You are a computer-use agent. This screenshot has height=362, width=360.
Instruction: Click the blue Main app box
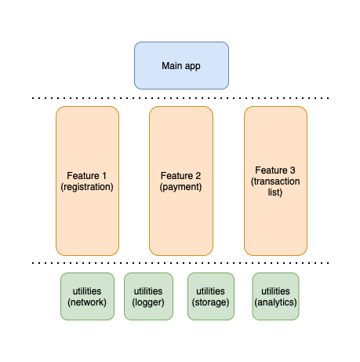click(x=181, y=65)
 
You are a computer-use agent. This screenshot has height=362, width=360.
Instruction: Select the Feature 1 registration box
click(x=87, y=181)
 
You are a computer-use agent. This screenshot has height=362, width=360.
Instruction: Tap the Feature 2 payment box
click(x=181, y=181)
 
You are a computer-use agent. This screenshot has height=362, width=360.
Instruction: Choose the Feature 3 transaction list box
click(x=275, y=181)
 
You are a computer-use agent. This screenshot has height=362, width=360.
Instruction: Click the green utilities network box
click(x=87, y=296)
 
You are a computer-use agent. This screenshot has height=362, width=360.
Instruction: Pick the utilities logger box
click(x=148, y=296)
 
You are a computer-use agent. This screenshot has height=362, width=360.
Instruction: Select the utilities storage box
click(x=211, y=296)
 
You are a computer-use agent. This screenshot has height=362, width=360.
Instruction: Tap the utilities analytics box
click(x=275, y=296)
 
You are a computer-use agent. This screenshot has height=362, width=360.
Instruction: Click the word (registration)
click(x=87, y=187)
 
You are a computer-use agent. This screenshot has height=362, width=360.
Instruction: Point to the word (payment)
click(x=181, y=187)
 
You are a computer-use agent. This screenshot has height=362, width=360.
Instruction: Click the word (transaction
click(x=275, y=181)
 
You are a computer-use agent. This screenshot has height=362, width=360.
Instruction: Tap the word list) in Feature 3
click(x=275, y=192)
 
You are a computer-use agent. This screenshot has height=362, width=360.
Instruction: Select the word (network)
click(x=87, y=302)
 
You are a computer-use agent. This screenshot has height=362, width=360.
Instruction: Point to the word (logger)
click(x=148, y=302)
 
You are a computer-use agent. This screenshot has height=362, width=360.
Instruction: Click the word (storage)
click(x=210, y=302)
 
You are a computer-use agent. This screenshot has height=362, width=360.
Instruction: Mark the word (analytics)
click(x=275, y=302)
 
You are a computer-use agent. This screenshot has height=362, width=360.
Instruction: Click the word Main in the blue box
click(x=170, y=66)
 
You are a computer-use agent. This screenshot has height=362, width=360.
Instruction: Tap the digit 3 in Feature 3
click(x=293, y=170)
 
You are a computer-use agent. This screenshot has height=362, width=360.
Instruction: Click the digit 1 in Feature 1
click(x=104, y=176)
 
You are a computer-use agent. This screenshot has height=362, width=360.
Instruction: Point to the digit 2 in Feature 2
click(x=198, y=176)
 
